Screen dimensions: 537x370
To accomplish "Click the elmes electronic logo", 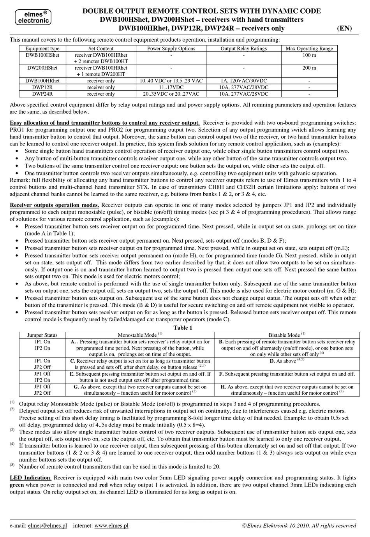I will click(33, 17).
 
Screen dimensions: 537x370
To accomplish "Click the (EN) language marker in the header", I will click(344, 28).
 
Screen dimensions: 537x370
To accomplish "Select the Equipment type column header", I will click(42, 49).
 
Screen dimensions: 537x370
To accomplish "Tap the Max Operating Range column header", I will click(309, 49).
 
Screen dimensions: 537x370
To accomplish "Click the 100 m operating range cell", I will click(309, 55).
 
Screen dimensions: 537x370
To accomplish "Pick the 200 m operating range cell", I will click(309, 68).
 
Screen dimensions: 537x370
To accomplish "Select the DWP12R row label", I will click(42, 87).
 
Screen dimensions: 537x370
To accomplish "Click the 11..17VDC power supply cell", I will click(171, 87).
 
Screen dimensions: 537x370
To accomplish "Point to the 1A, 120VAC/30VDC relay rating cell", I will click(243, 80).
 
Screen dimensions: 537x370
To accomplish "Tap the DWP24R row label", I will click(42, 94).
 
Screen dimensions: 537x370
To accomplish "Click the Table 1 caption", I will click(183, 327).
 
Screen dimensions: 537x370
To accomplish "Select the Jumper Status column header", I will click(42, 335).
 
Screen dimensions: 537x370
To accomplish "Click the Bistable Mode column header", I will click(287, 335).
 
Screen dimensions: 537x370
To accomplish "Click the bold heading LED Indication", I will click(30, 478).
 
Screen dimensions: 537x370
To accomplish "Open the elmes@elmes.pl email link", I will click(47, 525).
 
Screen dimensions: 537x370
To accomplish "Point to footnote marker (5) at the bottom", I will click(12, 465).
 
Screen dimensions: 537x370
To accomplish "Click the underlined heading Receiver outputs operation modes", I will click(54, 205).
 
